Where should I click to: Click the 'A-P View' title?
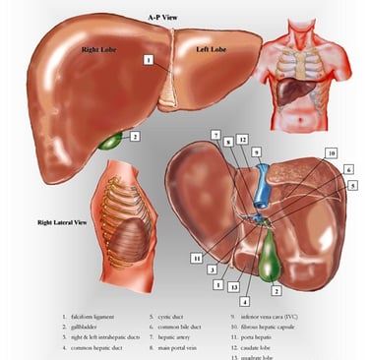161,18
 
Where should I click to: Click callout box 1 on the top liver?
148,60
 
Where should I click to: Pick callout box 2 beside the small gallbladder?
135,136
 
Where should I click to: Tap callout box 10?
333,153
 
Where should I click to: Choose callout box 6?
350,170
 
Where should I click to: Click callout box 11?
197,256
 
